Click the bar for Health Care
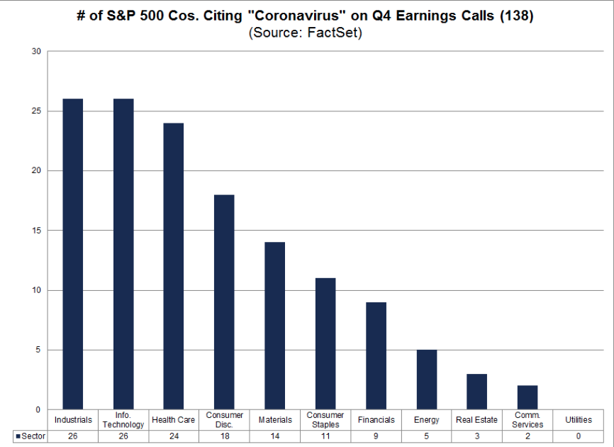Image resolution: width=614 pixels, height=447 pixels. point(174,266)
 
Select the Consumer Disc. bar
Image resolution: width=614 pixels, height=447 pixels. point(224,302)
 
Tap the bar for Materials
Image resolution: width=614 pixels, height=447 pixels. point(274,326)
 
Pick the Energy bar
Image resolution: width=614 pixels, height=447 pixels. point(426,380)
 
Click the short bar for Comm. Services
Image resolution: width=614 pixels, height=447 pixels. point(528,397)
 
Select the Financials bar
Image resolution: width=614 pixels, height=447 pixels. point(376,355)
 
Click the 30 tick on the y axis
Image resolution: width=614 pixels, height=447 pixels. point(36,52)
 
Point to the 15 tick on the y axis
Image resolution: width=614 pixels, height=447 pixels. point(36,231)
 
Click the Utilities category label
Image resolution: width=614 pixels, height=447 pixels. point(579,420)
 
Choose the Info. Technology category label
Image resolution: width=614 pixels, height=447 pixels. point(123,420)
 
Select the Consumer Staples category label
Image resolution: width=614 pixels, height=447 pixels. point(325,420)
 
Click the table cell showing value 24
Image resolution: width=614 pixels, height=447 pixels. point(174,436)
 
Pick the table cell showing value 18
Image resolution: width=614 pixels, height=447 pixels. point(224,436)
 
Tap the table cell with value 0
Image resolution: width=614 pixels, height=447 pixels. point(579,436)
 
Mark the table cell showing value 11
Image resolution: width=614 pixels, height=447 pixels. point(325,436)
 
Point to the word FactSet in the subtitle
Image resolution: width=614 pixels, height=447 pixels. point(333,33)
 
